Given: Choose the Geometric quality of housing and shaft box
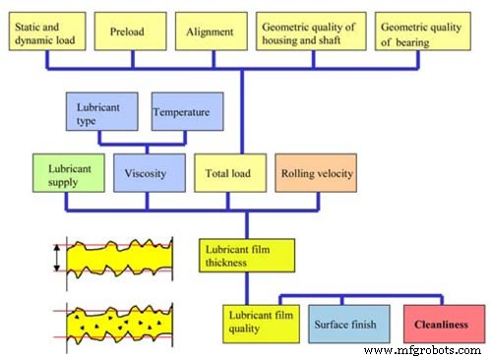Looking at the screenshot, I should pos(311,30).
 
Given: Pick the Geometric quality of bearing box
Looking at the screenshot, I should pos(422,30).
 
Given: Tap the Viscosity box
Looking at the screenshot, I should pos(147,173).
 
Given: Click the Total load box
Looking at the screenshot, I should pos(228,173).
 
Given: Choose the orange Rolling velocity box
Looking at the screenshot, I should pos(317,173).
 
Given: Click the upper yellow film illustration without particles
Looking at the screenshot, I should pos(116,262).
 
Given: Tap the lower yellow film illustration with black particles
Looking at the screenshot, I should pos(116,323).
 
